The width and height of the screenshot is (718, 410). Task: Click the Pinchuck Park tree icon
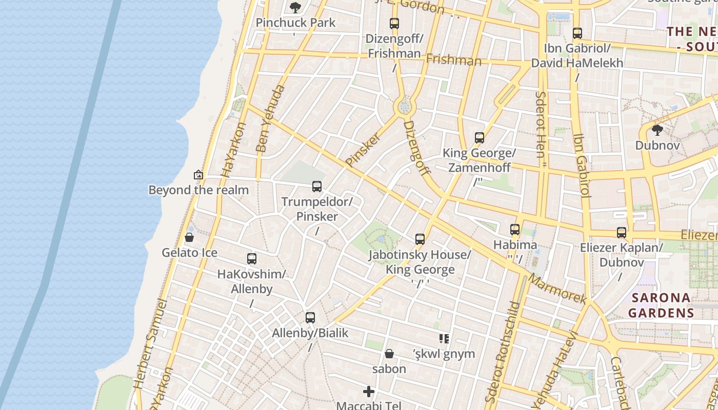tap(295, 7)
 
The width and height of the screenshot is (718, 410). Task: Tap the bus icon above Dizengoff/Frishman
tap(394, 24)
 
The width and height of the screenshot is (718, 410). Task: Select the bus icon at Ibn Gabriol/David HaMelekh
tap(577, 33)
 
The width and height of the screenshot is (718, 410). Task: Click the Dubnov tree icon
tap(657, 130)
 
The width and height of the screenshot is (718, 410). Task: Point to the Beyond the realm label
tap(198, 190)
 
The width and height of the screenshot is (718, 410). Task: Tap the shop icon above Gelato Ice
tap(189, 237)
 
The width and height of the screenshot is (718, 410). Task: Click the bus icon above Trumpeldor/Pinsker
tap(317, 187)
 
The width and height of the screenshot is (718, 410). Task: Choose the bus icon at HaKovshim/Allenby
tap(251, 259)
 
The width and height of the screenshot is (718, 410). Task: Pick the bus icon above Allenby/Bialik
tap(310, 318)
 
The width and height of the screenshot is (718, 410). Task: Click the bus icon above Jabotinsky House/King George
tap(420, 239)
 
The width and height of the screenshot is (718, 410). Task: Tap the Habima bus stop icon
tap(515, 230)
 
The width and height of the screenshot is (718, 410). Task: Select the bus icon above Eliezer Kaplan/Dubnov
tap(622, 233)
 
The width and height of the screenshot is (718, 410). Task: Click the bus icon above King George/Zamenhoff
tap(479, 138)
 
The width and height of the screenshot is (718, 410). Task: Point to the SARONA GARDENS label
tap(661, 305)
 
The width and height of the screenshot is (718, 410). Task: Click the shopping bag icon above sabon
tap(389, 354)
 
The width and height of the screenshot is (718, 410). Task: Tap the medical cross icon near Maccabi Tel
tap(368, 392)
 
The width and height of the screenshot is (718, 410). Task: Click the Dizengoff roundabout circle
tap(404, 107)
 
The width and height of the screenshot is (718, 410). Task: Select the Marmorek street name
tap(557, 289)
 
